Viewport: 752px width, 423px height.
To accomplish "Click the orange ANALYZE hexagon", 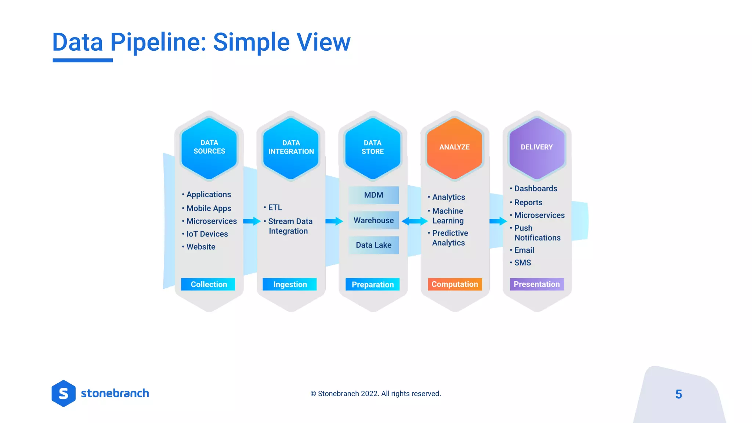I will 455,148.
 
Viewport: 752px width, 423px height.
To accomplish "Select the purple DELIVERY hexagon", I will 536,148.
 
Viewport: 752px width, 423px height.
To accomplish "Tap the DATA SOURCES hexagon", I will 209,148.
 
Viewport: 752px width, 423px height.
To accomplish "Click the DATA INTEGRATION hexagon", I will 291,148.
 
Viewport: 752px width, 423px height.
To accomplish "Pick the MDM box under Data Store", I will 373,195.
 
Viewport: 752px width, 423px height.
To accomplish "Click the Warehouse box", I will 373,220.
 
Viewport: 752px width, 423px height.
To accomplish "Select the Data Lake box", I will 373,245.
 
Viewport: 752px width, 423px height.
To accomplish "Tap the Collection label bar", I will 208,284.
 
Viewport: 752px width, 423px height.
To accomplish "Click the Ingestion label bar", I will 290,284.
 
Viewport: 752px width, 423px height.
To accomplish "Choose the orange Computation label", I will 455,284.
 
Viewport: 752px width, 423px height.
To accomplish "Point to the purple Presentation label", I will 536,284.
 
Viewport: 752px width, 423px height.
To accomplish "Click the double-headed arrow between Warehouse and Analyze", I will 415,221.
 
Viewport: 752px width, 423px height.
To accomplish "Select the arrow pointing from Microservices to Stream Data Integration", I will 252,221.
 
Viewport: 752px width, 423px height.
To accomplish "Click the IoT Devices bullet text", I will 207,234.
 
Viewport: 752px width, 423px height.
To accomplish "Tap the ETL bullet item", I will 275,207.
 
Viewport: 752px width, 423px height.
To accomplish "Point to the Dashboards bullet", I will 535,188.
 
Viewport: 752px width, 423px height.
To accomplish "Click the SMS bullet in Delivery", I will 522,263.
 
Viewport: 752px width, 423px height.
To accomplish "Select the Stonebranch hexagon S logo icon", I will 64,393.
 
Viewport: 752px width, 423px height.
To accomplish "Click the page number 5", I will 679,394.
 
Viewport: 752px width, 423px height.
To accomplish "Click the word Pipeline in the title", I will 158,42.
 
